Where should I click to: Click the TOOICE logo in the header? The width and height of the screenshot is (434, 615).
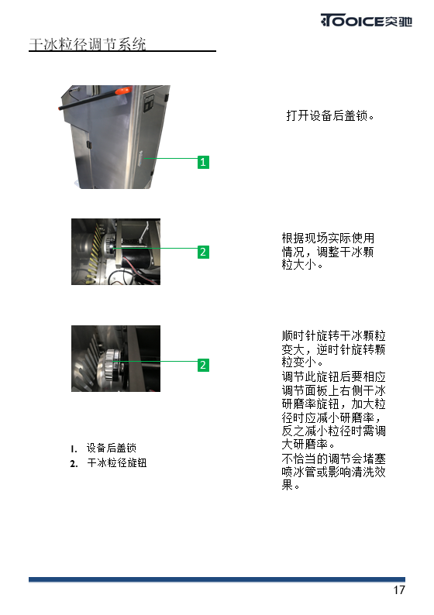(x=366, y=20)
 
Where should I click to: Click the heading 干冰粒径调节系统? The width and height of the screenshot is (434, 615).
(x=88, y=44)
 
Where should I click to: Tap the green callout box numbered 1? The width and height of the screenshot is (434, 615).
(x=203, y=162)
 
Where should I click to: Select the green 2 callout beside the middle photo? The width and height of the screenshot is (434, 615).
(x=203, y=252)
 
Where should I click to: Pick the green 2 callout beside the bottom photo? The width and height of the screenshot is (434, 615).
(x=203, y=365)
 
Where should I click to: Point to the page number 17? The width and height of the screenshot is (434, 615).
(x=399, y=590)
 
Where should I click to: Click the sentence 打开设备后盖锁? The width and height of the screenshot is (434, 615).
(x=330, y=115)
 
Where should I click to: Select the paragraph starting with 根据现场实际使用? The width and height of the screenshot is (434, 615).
(x=328, y=251)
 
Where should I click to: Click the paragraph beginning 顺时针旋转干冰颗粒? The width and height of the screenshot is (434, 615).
(x=333, y=349)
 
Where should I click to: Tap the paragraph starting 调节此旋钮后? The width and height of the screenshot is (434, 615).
(x=333, y=411)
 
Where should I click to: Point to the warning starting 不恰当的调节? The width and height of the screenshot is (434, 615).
(x=333, y=472)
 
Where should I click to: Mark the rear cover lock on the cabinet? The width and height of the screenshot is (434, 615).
(x=141, y=160)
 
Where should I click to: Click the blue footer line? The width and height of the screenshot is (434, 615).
(x=217, y=579)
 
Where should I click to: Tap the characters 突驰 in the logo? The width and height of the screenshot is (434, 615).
(x=398, y=21)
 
